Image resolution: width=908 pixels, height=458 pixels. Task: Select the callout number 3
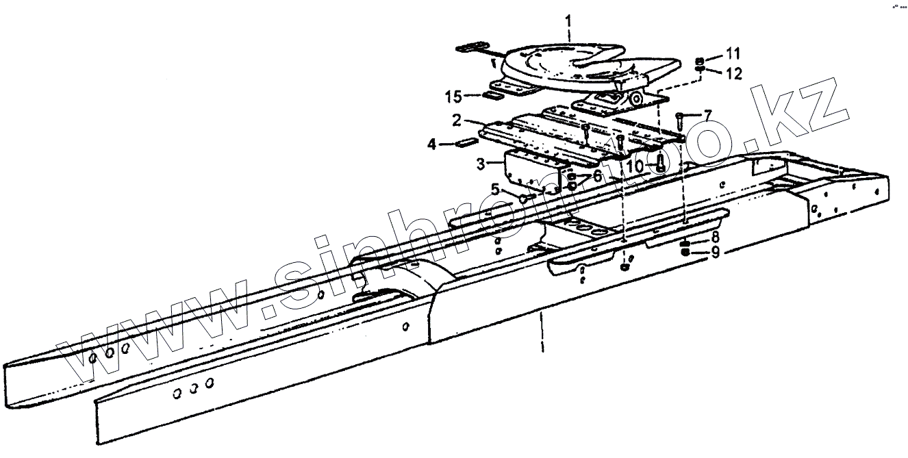(x=480, y=164)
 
